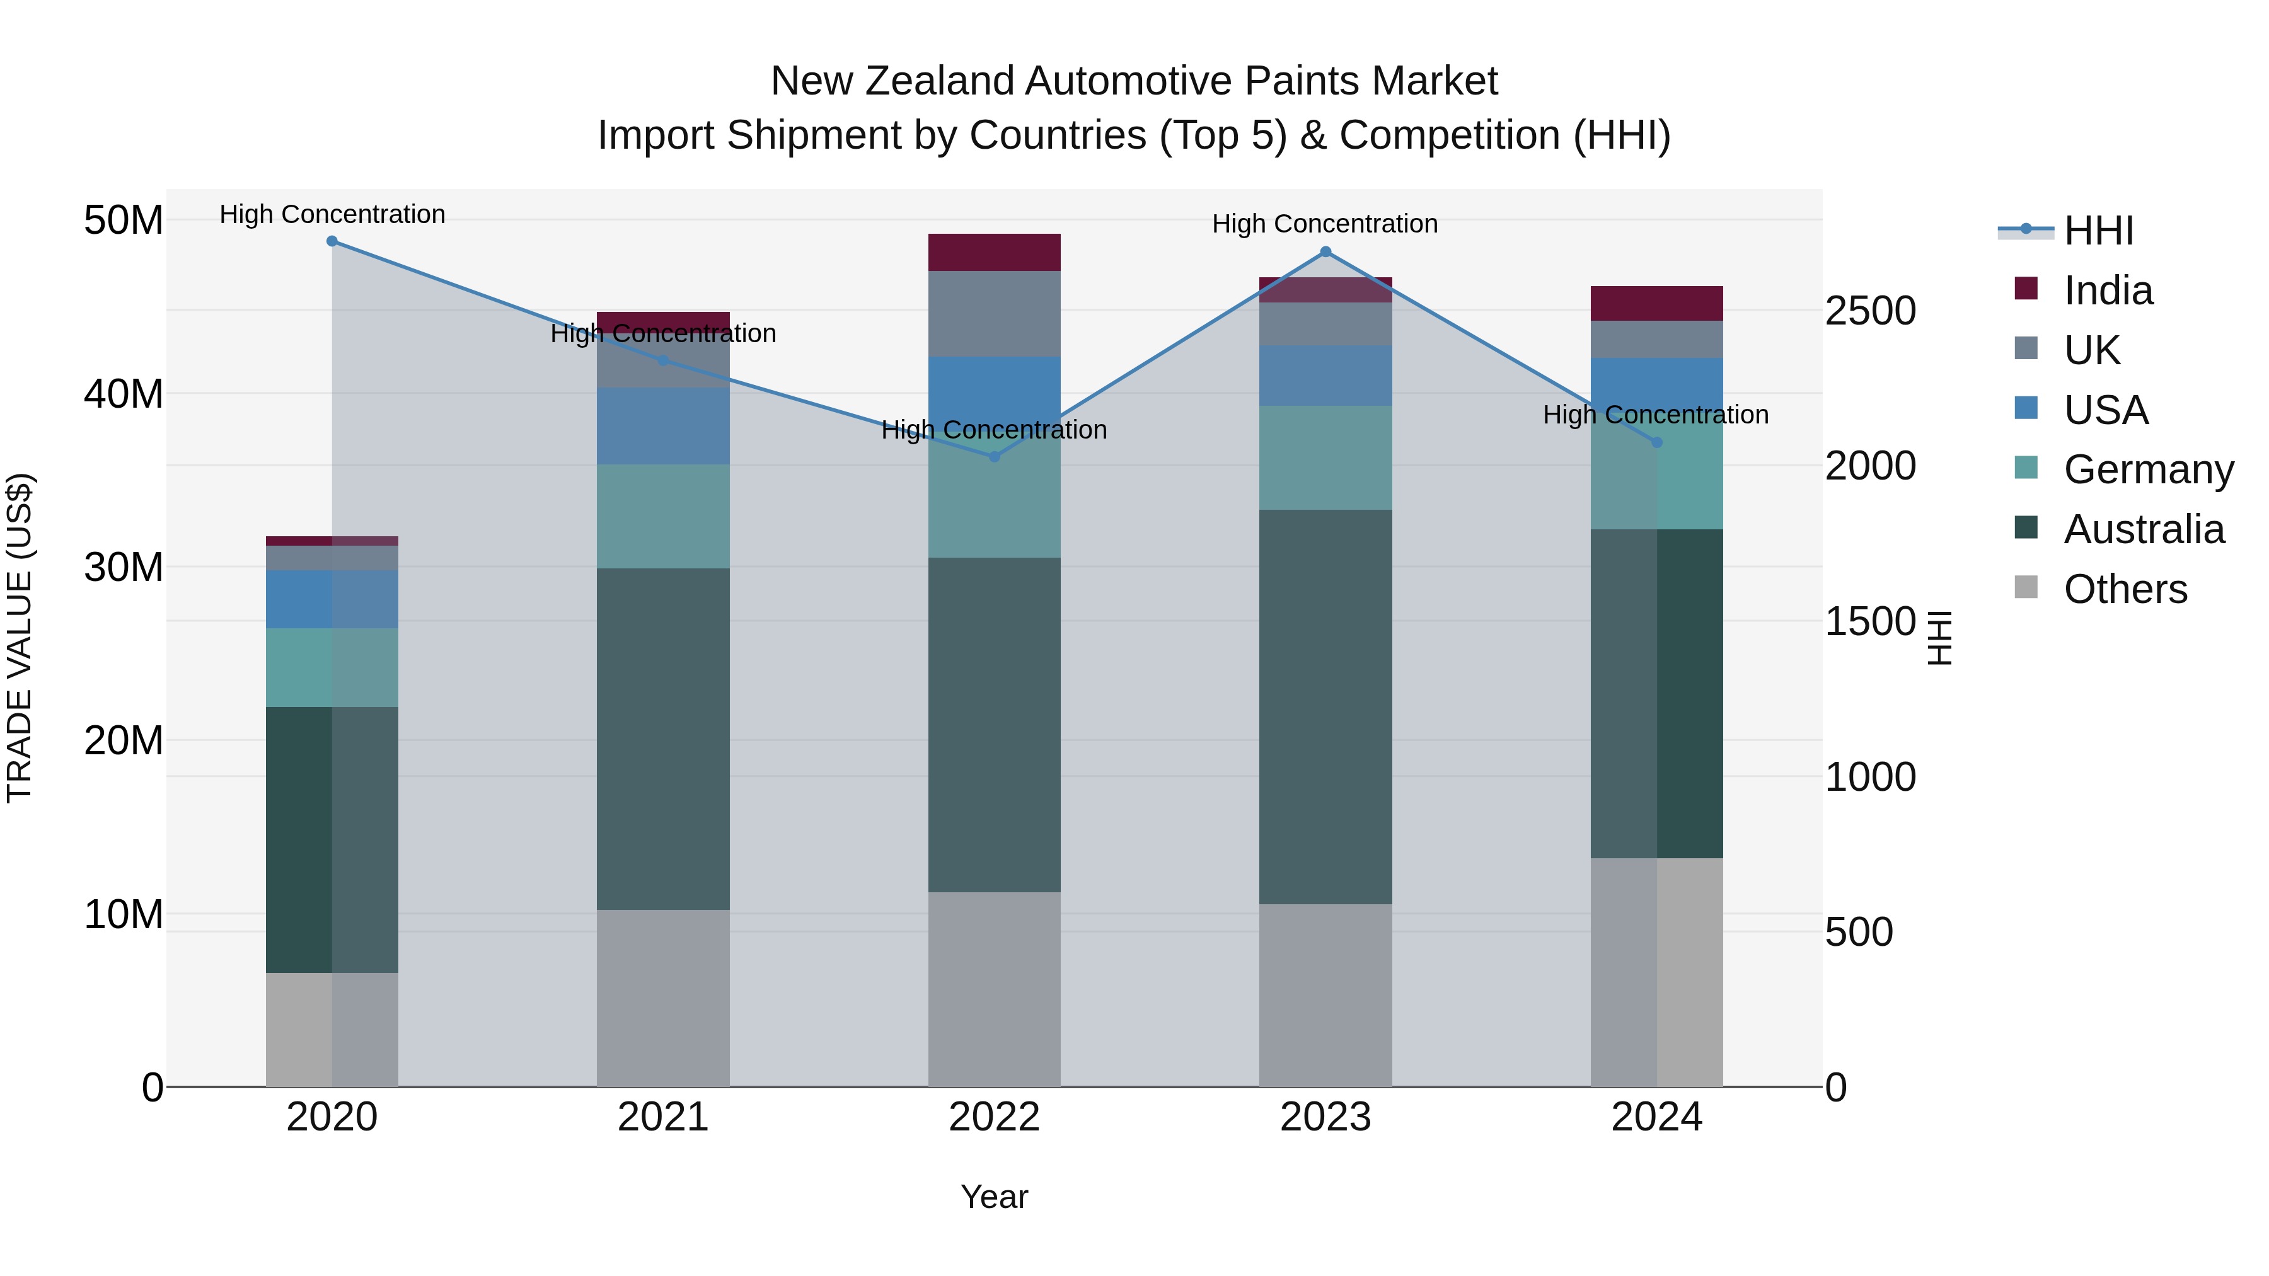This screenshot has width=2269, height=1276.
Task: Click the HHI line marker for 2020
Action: pyautogui.click(x=332, y=241)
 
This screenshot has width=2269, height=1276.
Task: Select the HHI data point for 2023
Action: pyautogui.click(x=1325, y=252)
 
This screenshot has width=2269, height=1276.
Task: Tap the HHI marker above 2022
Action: pyautogui.click(x=995, y=456)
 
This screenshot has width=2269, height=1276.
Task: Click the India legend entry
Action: pyautogui.click(x=2108, y=290)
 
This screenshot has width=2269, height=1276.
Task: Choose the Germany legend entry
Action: pyautogui.click(x=2147, y=469)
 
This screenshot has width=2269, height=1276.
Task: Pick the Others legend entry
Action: pyautogui.click(x=2125, y=589)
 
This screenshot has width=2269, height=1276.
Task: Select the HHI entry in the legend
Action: pyautogui.click(x=2098, y=231)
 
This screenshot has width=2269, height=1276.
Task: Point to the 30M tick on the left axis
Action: pyautogui.click(x=124, y=567)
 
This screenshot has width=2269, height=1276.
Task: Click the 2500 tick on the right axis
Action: pyautogui.click(x=1870, y=311)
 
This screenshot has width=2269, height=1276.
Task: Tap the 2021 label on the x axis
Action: pyautogui.click(x=663, y=1117)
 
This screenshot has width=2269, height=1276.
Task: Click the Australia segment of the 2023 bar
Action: pyautogui.click(x=1325, y=706)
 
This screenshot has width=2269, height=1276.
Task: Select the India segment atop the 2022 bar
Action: pyautogui.click(x=995, y=253)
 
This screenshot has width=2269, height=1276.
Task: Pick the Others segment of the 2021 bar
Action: pyautogui.click(x=663, y=997)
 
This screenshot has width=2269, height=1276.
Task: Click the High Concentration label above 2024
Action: pyautogui.click(x=1655, y=415)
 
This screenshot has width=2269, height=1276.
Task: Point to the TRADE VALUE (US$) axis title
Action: pyautogui.click(x=20, y=638)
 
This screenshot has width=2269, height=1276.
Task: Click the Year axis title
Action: pyautogui.click(x=995, y=1197)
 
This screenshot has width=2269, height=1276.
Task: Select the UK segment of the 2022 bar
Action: pyautogui.click(x=995, y=314)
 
